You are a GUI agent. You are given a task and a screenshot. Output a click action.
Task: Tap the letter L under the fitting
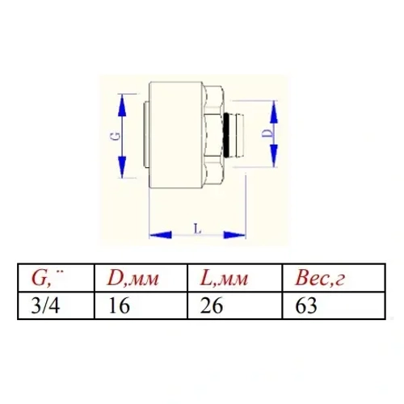198,229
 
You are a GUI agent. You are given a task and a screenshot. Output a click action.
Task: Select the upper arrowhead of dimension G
122,106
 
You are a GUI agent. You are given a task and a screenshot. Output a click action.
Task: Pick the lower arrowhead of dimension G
122,167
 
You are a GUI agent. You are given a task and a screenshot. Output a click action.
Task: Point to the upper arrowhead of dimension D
274,112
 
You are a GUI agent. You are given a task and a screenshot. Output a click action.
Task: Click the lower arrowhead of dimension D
274,155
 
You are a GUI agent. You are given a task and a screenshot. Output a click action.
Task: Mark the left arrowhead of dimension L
161,235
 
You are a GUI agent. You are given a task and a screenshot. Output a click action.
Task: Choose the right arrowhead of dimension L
234,235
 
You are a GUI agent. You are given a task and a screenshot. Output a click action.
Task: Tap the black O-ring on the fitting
228,135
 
